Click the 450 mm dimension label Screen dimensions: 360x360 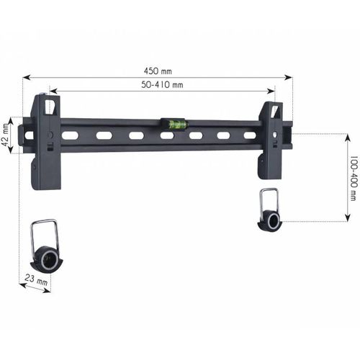coord(158,71)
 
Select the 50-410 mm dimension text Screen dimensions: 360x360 coord(162,85)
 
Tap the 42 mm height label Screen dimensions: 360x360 coord(5,135)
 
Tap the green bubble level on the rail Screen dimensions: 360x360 coord(174,125)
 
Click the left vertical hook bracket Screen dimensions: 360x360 coord(46,142)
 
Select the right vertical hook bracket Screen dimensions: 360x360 coord(270,140)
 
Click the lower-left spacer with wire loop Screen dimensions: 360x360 coord(46,246)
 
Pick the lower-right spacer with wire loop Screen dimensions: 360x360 coord(269,210)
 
